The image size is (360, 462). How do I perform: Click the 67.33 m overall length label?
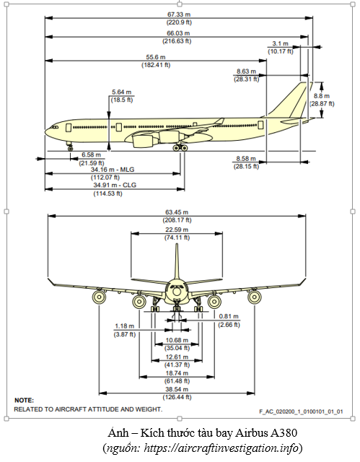coord(179,14)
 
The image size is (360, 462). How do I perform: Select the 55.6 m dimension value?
coord(156,57)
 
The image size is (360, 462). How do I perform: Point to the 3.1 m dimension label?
coord(280,43)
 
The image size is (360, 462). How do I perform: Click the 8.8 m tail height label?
coord(322,96)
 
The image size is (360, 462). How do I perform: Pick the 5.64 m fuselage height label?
coord(122,92)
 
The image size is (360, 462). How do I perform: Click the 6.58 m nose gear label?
coord(91,154)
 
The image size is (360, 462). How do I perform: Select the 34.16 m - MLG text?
coord(113,170)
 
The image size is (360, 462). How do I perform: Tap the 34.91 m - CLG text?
coord(115,186)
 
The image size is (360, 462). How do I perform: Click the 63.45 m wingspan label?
coord(177,212)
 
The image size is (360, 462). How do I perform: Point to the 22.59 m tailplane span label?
coord(177,230)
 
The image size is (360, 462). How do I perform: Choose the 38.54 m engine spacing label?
coord(177,389)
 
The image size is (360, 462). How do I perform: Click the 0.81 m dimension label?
coord(229,316)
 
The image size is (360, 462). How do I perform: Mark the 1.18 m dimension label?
coord(124,326)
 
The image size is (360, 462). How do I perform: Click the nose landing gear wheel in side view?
coord(71,149)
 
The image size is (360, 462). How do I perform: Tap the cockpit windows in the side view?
coord(55,127)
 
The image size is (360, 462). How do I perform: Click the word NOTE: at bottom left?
coord(24,401)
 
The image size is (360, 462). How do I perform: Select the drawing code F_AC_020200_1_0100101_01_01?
coord(301,411)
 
